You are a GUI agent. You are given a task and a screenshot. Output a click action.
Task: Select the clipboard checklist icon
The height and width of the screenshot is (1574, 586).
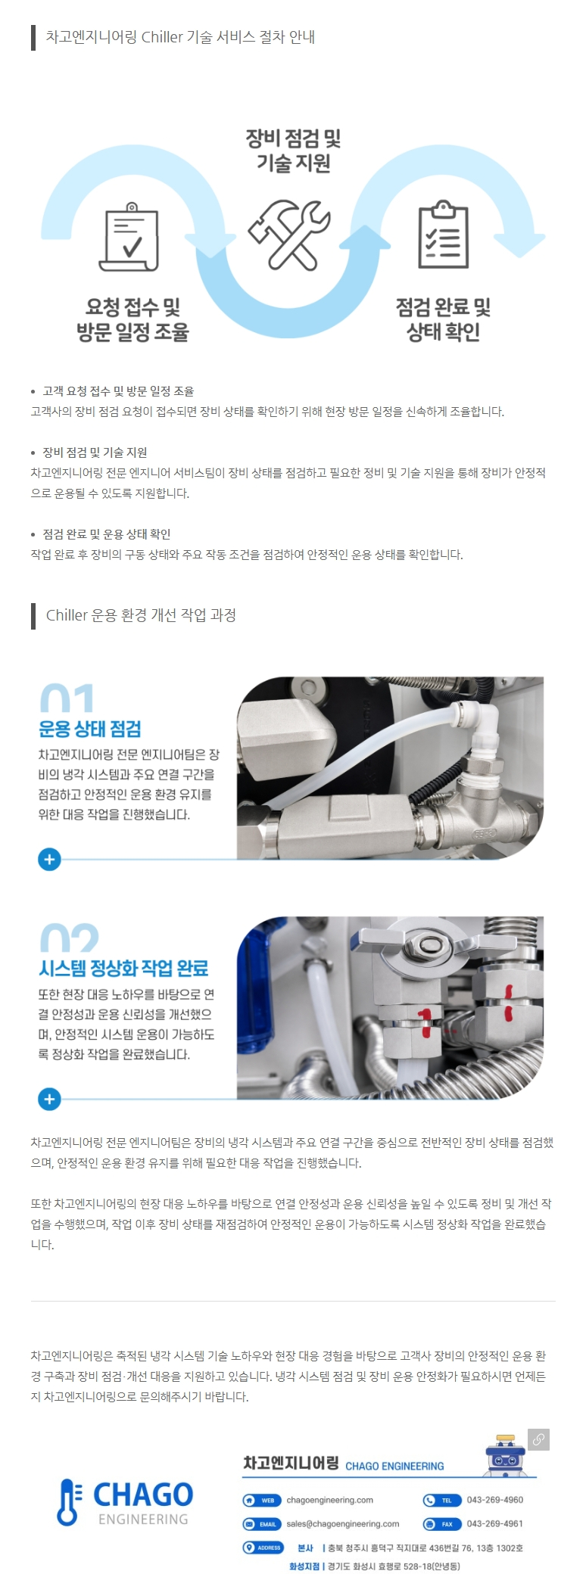point(444,235)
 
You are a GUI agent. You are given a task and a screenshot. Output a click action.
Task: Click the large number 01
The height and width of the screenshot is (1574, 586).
point(67,698)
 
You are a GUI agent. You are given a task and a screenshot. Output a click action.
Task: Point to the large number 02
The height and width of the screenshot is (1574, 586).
point(69,938)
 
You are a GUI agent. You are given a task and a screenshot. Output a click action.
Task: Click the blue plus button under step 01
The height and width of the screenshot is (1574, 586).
point(49,860)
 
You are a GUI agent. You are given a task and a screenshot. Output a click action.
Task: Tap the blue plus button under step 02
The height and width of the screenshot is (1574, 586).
point(49,1099)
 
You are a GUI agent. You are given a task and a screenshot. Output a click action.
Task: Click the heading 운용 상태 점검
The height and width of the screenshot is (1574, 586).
point(90,729)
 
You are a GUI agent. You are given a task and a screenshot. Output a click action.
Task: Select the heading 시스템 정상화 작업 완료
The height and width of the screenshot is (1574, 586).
point(123,969)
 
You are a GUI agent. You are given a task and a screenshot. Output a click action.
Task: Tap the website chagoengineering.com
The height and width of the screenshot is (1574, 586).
point(329,1500)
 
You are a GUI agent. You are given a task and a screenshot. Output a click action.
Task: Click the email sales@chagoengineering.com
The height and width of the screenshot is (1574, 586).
point(342,1523)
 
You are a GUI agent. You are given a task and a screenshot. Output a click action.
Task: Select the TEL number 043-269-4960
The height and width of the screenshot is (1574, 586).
point(495,1500)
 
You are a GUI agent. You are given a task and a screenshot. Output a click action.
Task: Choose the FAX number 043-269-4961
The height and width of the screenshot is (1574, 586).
point(495,1523)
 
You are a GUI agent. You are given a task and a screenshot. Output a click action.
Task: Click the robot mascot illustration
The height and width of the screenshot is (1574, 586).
point(505,1455)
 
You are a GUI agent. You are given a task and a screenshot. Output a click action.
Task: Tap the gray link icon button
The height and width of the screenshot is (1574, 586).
point(538,1439)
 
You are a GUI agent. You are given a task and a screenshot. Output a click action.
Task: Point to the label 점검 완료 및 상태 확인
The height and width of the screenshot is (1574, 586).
point(444,319)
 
